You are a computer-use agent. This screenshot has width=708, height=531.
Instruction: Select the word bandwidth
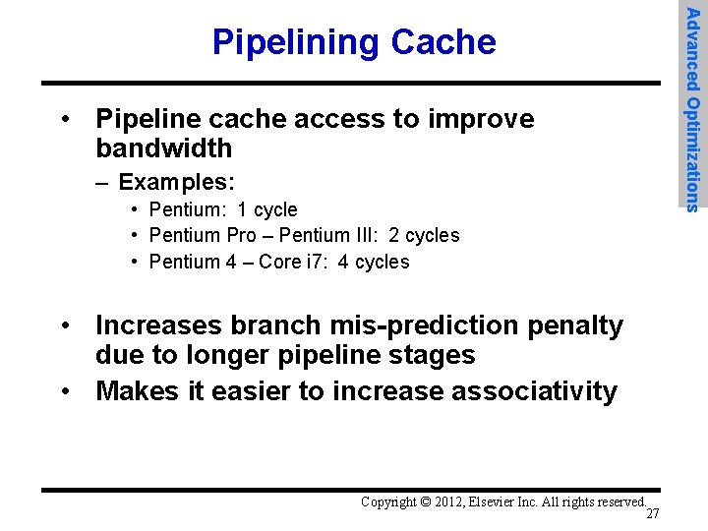coord(163,148)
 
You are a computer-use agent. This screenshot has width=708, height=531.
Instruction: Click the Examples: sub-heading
coord(176,182)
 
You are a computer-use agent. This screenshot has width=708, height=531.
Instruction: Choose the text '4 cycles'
coord(374,262)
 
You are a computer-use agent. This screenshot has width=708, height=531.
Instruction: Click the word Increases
coord(161,325)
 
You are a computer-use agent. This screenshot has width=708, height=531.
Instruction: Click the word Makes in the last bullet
coord(138,391)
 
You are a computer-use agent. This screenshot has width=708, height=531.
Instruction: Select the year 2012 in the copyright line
coord(451,501)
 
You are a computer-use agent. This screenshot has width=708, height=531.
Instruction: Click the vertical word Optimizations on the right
coord(693,152)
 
